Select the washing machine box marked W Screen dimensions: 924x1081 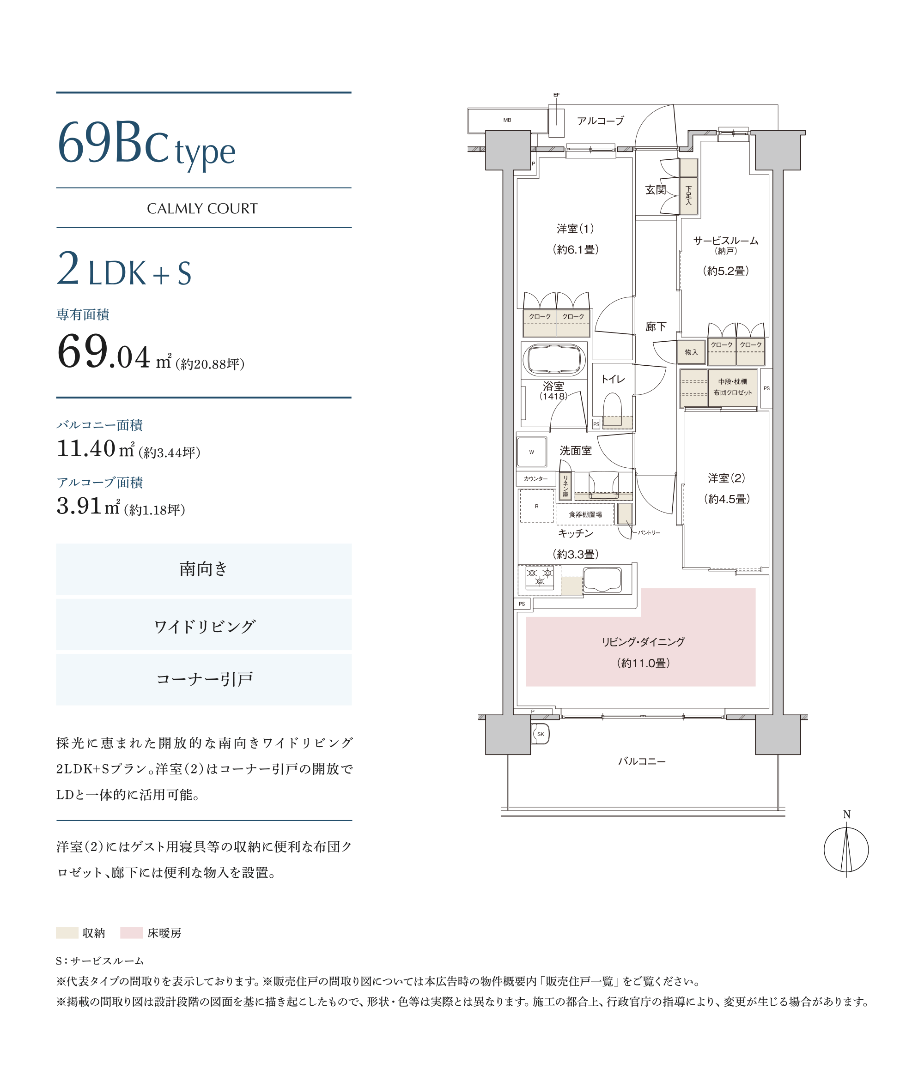pos(531,452)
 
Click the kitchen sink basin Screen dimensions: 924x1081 pos(602,580)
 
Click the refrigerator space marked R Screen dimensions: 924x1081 pos(537,506)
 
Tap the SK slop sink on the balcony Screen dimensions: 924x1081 pos(540,734)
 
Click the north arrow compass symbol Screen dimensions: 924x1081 pos(846,850)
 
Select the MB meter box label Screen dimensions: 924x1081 pos(507,120)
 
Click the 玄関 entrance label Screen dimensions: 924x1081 pos(655,190)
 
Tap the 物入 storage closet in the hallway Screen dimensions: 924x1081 pos(691,352)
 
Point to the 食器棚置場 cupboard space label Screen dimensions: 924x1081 pos(585,514)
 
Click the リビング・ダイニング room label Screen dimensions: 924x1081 pos(643,642)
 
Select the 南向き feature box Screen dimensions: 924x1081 pos(204,569)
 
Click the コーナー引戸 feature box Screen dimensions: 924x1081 pos(204,679)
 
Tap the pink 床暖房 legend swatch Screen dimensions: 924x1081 pos(132,932)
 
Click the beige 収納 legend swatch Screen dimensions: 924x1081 pos(67,932)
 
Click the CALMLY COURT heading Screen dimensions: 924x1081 pos(202,209)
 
